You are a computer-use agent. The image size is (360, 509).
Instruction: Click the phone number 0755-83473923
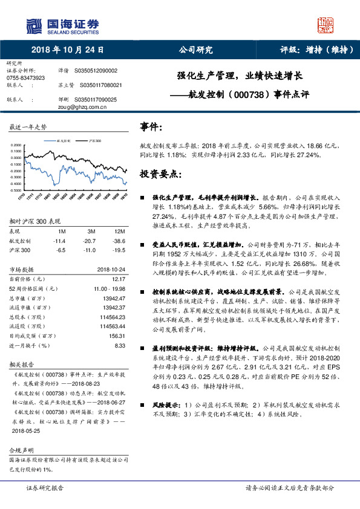25,79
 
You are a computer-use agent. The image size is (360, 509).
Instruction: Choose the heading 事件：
151,127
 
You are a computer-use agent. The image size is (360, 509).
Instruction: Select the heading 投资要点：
160,173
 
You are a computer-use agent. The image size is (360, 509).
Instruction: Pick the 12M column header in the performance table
119,231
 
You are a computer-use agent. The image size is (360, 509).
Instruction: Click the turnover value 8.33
119,345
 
